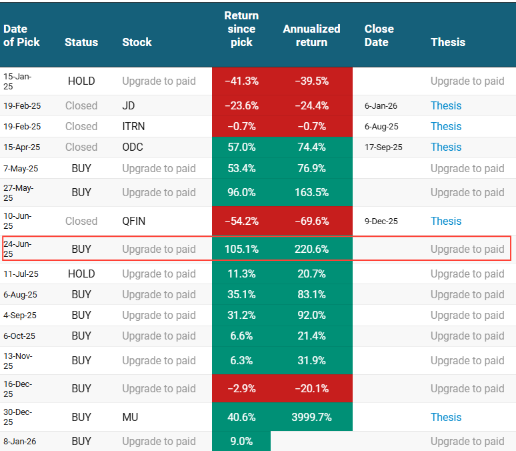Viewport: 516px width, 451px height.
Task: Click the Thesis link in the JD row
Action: [x=445, y=105]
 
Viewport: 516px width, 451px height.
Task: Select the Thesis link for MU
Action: [x=445, y=417]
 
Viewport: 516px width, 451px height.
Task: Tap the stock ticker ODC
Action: [x=133, y=147]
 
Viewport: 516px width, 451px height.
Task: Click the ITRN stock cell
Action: [x=133, y=126]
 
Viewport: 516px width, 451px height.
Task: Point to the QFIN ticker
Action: [x=135, y=221]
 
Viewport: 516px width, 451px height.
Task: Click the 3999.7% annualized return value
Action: [x=311, y=417]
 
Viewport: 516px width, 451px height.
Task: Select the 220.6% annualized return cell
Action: [x=311, y=249]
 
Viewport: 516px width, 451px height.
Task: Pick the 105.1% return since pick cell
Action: [x=241, y=249]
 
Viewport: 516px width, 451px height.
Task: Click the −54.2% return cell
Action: [x=241, y=221]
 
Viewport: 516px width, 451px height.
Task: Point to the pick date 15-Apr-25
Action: [x=22, y=147]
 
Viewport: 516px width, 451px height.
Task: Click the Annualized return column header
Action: [x=311, y=35]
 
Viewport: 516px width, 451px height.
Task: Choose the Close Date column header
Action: [x=379, y=35]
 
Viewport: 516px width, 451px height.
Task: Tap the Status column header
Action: [x=81, y=42]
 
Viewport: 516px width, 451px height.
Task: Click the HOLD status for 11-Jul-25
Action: [x=81, y=274]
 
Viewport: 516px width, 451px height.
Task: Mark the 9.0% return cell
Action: [x=241, y=441]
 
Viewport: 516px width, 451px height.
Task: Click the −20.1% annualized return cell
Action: [x=311, y=388]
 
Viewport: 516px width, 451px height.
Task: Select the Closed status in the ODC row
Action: [x=81, y=147]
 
